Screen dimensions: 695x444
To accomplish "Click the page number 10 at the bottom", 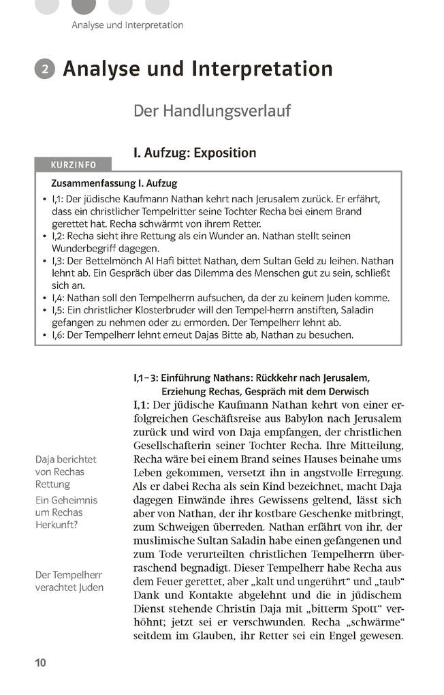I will (40, 663).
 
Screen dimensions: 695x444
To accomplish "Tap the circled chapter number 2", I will (44, 69).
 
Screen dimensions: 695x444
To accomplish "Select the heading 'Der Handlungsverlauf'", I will (212, 110).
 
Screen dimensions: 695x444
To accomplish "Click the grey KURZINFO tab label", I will (74, 165).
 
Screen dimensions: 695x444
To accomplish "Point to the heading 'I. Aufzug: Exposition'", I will (195, 152).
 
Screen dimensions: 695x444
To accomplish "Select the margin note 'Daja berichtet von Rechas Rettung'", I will (66, 472).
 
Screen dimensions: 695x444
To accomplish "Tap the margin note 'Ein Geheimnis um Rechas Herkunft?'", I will (66, 512).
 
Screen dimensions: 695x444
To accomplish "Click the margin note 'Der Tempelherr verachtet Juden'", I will (69, 581).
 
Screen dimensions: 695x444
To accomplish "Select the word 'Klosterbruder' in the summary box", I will (143, 311).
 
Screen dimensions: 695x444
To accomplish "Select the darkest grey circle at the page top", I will (83, 5).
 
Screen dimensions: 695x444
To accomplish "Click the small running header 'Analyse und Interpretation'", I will (127, 25).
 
